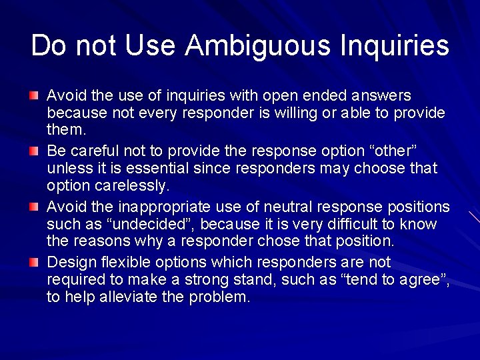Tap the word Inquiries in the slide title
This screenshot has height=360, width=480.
click(x=395, y=46)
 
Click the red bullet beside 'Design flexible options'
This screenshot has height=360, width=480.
click(x=34, y=262)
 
